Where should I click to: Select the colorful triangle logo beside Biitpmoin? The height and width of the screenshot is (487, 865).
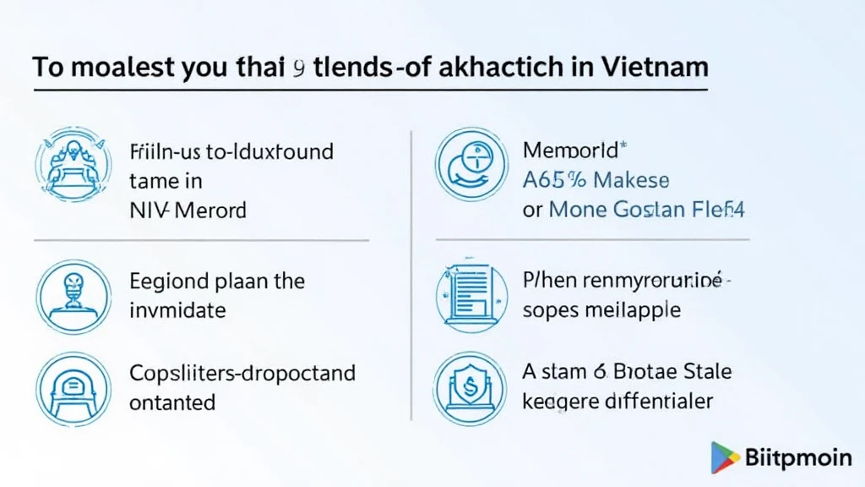tap(724, 457)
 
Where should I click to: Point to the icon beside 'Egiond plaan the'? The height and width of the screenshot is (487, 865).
tap(73, 295)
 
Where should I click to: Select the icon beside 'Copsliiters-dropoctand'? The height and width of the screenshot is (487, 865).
tap(73, 388)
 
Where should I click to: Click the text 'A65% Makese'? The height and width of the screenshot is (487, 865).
tap(596, 180)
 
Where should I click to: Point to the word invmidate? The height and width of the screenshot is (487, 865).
tap(177, 310)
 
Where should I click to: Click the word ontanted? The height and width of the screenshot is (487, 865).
tap(172, 402)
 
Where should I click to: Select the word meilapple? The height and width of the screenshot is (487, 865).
tap(630, 309)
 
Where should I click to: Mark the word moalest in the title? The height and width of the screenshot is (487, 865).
tap(117, 67)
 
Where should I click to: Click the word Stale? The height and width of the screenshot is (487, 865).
tap(705, 372)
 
